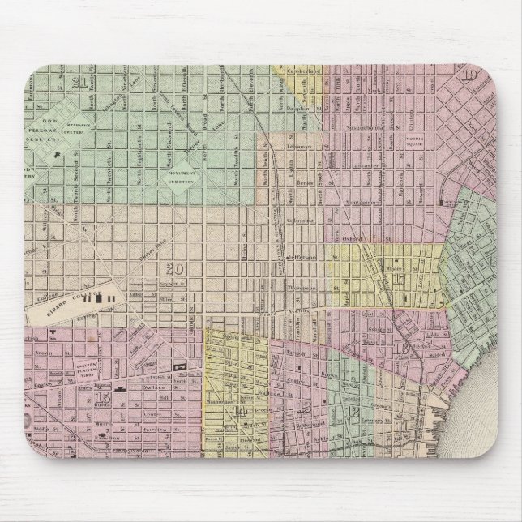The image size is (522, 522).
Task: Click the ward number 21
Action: (x=79, y=83)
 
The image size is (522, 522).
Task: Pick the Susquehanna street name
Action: (x=348, y=127)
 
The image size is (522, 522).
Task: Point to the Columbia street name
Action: (x=306, y=219)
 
